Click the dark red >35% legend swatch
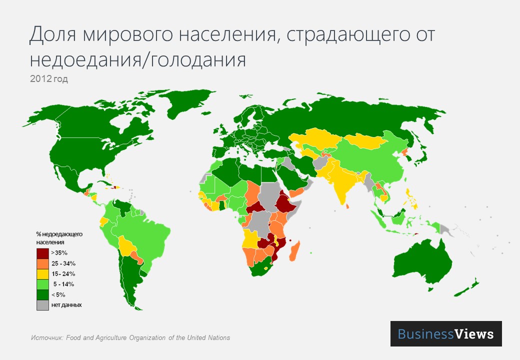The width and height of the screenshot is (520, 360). pos(42,253)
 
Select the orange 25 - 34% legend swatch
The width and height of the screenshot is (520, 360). pos(42,263)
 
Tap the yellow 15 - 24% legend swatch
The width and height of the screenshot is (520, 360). pos(42,273)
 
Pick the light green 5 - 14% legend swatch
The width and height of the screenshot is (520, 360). pos(42,284)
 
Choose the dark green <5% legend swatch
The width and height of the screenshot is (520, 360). pos(42,294)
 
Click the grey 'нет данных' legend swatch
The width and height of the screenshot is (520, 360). pos(42,304)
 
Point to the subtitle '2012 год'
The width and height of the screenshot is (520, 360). pos(48,78)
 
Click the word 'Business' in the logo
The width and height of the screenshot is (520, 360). pos(425,334)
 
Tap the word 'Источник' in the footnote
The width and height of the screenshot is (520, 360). pos(45,337)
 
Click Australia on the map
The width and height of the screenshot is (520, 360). pos(422,262)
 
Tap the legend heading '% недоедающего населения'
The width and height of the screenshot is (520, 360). pos(59,237)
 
